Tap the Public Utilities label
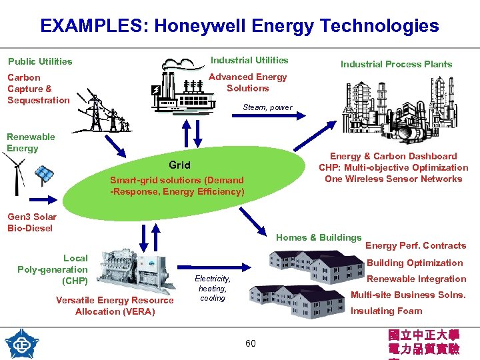pos(40,61)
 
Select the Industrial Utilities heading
pos(249,60)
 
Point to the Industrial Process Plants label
pos(396,64)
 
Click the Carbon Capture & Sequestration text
pos(38,89)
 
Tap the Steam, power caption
pos(267,107)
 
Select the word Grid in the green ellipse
pos(179,165)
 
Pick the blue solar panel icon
pos(45,174)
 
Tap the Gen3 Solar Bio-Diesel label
pos(31,222)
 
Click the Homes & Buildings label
pos(319,237)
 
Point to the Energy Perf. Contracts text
pos(415,245)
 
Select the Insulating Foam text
pos(386,311)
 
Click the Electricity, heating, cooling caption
pos(213,288)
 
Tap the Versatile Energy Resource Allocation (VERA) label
pos(115,306)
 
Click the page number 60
pos(250,343)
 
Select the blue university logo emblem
pos(21,344)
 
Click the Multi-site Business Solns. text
pos(408,295)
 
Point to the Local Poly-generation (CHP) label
pos(53,269)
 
